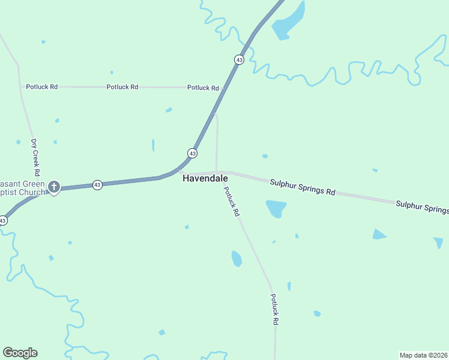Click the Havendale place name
pyautogui.click(x=205, y=179)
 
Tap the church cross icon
pyautogui.click(x=54, y=187)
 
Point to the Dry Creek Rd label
pyautogui.click(x=35, y=154)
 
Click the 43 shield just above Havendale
pyautogui.click(x=192, y=154)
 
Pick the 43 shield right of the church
pyautogui.click(x=97, y=185)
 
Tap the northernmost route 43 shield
pyautogui.click(x=239, y=59)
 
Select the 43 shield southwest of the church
pyautogui.click(x=3, y=221)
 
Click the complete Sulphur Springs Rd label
pyautogui.click(x=302, y=187)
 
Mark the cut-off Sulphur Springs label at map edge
pyautogui.click(x=422, y=208)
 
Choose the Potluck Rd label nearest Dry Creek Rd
pyautogui.click(x=41, y=87)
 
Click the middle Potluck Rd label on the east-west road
pyautogui.click(x=122, y=87)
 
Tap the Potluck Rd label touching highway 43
pyautogui.click(x=203, y=88)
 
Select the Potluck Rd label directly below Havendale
pyautogui.click(x=232, y=202)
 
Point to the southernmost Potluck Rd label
pyautogui.click(x=274, y=309)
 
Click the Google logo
pyautogui.click(x=20, y=353)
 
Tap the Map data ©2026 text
pyautogui.click(x=424, y=355)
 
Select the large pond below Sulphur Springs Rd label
pyautogui.click(x=276, y=208)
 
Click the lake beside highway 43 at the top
pyautogui.click(x=289, y=22)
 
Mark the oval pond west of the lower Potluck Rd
pyautogui.click(x=237, y=259)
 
